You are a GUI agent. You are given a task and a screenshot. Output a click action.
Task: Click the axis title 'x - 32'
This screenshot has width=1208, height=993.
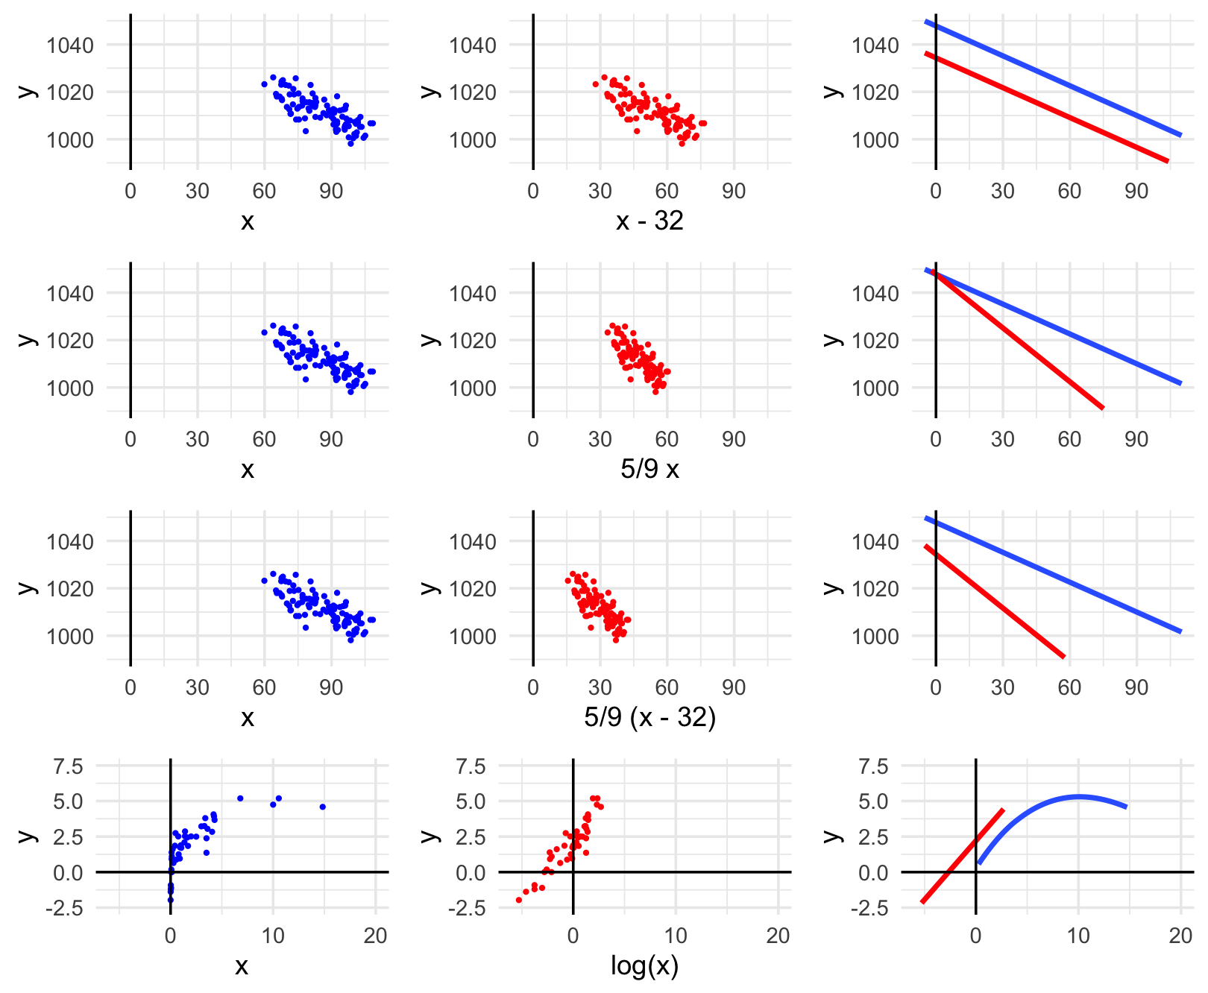[649, 221]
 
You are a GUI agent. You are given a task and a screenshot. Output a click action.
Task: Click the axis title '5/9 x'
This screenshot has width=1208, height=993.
[649, 470]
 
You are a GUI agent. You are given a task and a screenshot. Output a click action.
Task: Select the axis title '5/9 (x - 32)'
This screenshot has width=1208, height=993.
[649, 718]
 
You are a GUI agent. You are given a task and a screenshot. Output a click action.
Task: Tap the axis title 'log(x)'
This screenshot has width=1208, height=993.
[644, 966]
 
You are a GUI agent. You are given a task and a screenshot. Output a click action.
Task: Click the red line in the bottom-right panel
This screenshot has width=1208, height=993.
[962, 856]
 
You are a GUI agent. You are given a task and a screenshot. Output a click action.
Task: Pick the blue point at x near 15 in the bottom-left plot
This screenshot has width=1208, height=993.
[322, 807]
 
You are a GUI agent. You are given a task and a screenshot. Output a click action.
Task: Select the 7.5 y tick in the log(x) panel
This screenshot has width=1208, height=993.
[471, 766]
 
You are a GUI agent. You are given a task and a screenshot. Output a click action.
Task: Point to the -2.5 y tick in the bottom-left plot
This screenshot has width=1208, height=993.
[68, 908]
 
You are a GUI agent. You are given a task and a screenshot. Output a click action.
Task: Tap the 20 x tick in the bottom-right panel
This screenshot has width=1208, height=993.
[1180, 936]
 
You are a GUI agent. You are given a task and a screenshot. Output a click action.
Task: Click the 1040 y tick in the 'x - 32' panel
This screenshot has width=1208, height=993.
[472, 45]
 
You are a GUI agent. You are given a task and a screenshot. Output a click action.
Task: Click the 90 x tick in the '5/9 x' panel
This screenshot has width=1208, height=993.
[733, 440]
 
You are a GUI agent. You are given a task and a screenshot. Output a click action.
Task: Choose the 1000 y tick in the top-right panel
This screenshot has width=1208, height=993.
[875, 140]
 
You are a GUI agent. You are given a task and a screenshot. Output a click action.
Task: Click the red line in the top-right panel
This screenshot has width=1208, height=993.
[1044, 107]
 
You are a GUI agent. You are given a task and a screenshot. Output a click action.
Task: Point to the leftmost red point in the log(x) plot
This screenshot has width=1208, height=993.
[519, 901]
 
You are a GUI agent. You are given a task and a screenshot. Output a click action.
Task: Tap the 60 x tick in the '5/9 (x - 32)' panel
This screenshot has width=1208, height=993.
[666, 688]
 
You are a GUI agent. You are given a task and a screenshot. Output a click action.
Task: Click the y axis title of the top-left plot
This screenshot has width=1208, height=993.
[27, 92]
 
